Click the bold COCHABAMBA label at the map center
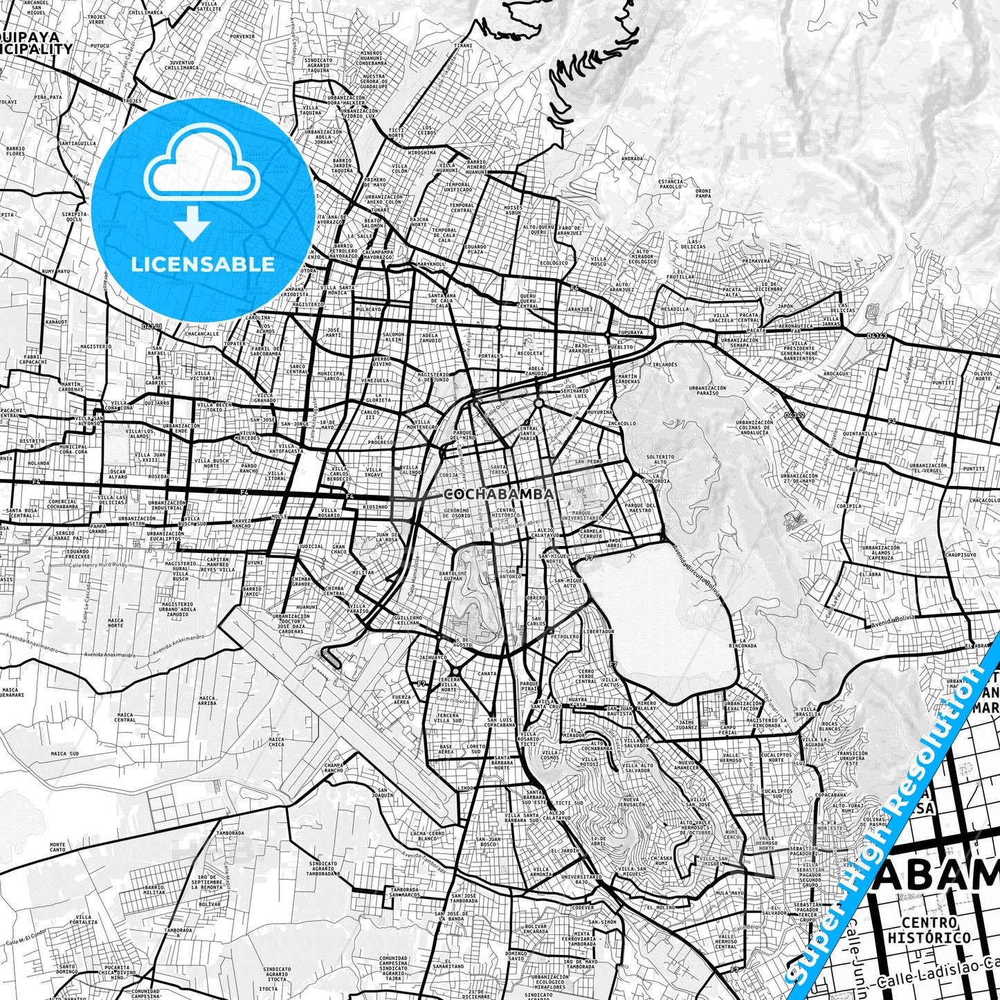point(498,495)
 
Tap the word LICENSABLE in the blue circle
point(203,264)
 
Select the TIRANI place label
point(463,46)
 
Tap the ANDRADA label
point(632,158)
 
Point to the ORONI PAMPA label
point(703,193)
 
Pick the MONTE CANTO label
point(57,847)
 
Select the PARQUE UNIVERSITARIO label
point(581,516)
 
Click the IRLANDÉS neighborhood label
point(664,364)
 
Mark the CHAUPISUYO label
point(961,554)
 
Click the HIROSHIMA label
point(422,152)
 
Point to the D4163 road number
point(877,336)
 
